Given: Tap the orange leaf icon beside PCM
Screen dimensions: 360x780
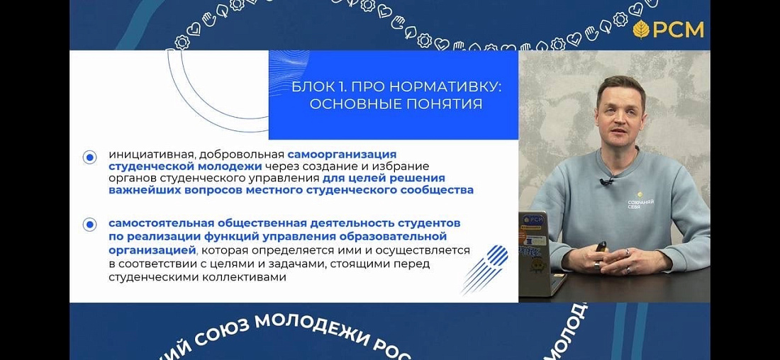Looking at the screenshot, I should [641, 30].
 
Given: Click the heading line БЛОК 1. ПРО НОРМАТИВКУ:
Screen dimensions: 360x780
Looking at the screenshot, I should [396, 86].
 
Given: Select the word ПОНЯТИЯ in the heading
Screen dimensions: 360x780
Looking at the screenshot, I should [447, 104].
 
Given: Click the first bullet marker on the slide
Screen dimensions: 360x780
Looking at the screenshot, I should [89, 157].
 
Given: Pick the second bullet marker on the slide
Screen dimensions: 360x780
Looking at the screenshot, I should [89, 225].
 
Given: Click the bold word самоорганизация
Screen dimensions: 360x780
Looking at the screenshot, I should [342, 154].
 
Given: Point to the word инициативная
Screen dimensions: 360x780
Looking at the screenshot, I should [151, 154].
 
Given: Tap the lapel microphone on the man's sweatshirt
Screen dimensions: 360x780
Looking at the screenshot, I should [606, 181].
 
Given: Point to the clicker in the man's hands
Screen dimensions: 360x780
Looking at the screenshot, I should [601, 247].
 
